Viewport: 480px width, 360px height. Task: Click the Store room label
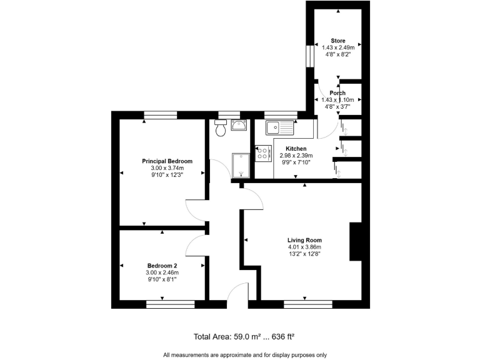[x=338, y=41]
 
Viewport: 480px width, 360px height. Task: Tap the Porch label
[x=337, y=93]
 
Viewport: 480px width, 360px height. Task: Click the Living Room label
[x=304, y=240]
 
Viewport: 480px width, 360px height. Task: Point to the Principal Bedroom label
[x=162, y=161]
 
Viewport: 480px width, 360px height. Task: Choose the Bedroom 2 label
[x=162, y=265]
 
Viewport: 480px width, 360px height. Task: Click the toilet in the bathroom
[x=219, y=130]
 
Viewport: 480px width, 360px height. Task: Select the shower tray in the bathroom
[x=241, y=166]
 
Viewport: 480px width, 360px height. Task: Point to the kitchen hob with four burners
[x=263, y=154]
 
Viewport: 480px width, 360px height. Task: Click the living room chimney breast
[x=355, y=241]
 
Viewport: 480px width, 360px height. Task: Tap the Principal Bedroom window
[x=161, y=114]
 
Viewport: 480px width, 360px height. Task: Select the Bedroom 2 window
[x=171, y=305]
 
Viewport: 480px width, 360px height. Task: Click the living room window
[x=303, y=305]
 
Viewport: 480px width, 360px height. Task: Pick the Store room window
[x=309, y=55]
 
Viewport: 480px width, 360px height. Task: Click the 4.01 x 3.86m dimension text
[x=304, y=247]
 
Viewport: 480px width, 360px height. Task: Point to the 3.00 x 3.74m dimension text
[x=162, y=168]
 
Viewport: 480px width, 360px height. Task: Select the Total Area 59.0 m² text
[x=244, y=337]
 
